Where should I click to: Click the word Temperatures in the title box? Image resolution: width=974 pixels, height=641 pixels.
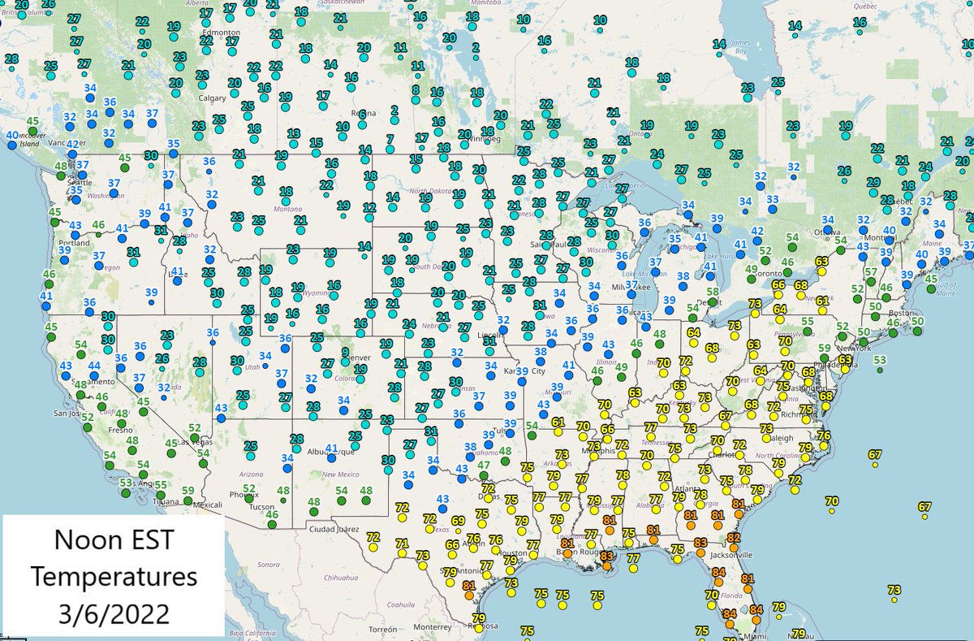pyautogui.click(x=113, y=577)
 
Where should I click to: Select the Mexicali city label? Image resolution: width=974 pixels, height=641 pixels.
pyautogui.click(x=208, y=504)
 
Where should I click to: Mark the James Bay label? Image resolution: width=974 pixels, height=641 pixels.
pyautogui.click(x=739, y=48)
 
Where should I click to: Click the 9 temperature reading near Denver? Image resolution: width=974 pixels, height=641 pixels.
pyautogui.click(x=346, y=352)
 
